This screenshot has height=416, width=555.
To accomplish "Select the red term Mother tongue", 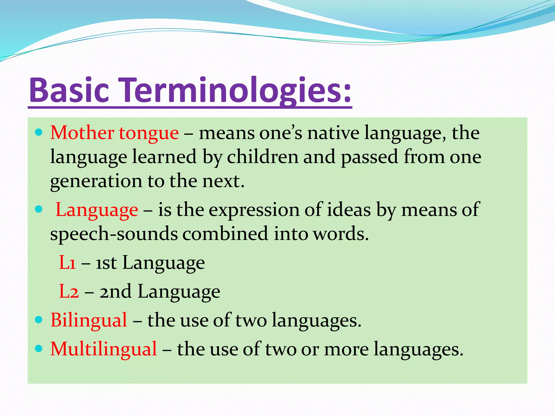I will [x=114, y=133].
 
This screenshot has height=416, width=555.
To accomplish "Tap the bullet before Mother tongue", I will [x=39, y=132].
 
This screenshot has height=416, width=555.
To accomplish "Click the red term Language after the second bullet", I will [x=97, y=210].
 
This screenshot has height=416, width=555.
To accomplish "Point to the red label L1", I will [x=67, y=263].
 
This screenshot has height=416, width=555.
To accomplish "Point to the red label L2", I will [x=69, y=292].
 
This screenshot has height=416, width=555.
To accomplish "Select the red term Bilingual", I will [x=89, y=320].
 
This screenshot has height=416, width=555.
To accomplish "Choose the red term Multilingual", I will [x=104, y=349].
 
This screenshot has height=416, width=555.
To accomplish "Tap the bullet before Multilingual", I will [x=39, y=349].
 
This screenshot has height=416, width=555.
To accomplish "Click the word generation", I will [x=96, y=181].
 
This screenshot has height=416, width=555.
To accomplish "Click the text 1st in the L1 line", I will [x=106, y=263].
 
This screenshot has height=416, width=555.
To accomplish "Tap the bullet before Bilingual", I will [x=39, y=320].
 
